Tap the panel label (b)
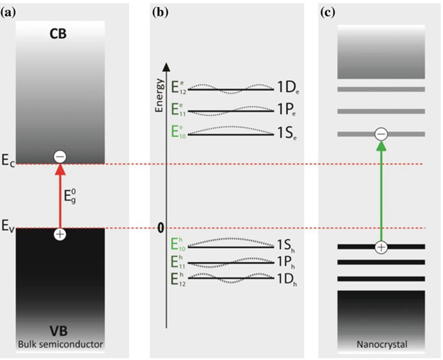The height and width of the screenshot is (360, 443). tap(160, 12)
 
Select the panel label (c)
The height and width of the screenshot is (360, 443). tap(328, 12)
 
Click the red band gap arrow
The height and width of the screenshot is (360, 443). tap(60, 196)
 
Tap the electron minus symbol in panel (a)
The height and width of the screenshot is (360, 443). tap(60, 157)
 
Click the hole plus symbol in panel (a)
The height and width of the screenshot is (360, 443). tap(60, 234)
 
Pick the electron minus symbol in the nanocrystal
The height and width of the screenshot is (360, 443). tap(381, 134)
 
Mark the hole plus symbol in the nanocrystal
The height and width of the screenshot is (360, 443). tap(381, 247)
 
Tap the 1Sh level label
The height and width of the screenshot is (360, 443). tap(288, 247)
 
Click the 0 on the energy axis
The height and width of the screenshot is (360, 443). tap(160, 228)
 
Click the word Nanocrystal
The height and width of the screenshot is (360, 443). tap(381, 345)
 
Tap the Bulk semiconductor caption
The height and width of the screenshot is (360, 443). tap(60, 345)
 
